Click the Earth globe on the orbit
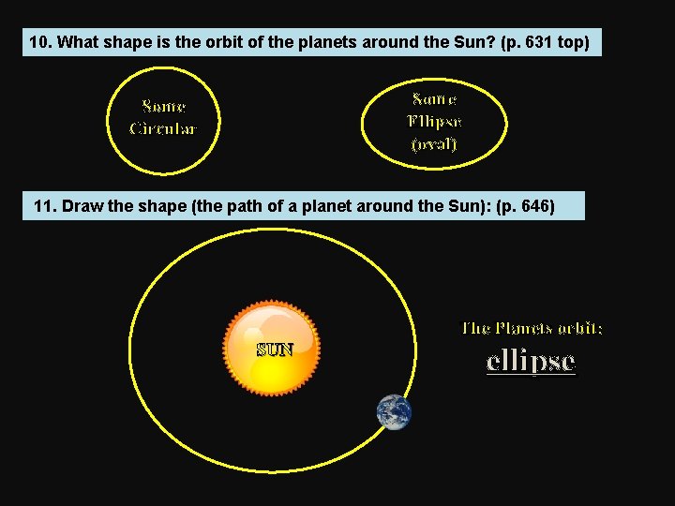394,412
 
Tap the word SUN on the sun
275,350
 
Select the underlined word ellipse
531,362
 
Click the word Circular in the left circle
163,128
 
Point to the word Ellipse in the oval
434,122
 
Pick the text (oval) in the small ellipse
434,144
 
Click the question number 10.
40,43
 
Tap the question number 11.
45,206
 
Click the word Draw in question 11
82,206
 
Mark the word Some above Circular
163,107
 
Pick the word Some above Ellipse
434,99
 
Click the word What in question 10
77,43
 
